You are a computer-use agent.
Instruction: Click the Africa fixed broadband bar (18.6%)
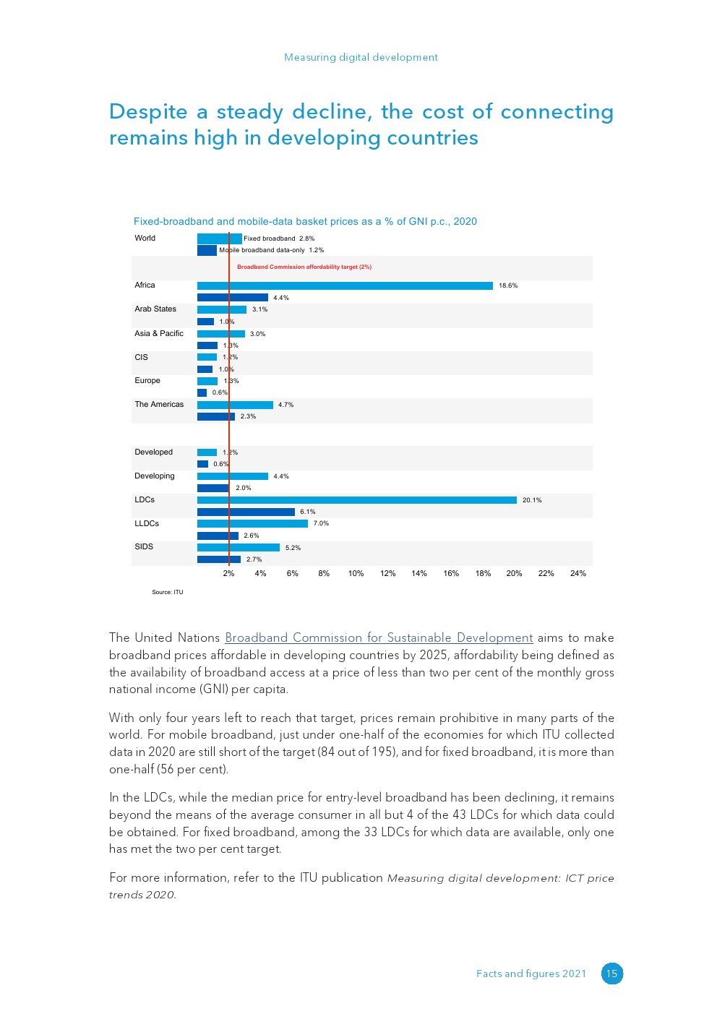tap(345, 285)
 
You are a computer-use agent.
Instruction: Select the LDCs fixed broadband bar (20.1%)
tap(357, 500)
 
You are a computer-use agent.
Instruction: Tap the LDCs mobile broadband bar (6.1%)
tap(246, 512)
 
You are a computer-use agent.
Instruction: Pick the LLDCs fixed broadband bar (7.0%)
tap(252, 523)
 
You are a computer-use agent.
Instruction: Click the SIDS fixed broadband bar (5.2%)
tap(239, 548)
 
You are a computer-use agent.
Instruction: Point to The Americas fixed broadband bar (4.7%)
tap(235, 405)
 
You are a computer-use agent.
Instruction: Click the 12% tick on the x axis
tap(388, 573)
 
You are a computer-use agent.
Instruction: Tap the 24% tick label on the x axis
tap(578, 573)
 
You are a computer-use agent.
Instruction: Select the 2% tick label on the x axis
tap(228, 573)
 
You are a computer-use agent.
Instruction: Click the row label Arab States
tap(155, 309)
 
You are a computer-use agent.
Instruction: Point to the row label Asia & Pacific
tap(159, 334)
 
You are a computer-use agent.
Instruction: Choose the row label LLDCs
tap(147, 524)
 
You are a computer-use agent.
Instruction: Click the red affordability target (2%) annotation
tap(304, 267)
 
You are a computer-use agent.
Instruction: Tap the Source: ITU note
tap(168, 592)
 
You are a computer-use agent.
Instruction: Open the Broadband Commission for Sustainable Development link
tap(379, 637)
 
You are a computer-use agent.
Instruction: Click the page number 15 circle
tap(612, 974)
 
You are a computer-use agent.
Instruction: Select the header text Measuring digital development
tap(361, 57)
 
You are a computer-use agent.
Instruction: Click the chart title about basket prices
tap(305, 221)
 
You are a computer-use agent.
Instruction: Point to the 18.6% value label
tap(508, 285)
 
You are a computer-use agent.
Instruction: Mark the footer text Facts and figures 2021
tap(531, 974)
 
